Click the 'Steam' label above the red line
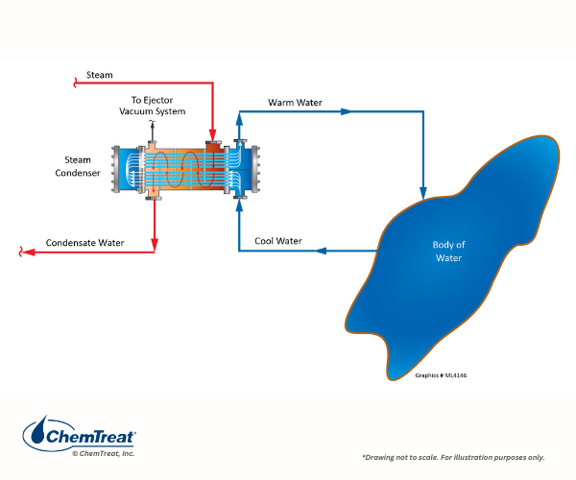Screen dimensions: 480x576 (99, 74)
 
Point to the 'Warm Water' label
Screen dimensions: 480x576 (296, 102)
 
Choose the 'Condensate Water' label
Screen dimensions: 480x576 (85, 243)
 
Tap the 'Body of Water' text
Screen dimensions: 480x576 (447, 252)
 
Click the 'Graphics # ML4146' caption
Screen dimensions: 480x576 (444, 375)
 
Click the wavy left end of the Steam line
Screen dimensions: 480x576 (76, 84)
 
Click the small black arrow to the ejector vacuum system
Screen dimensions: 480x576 (152, 126)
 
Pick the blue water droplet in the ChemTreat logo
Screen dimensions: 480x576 (36, 435)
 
